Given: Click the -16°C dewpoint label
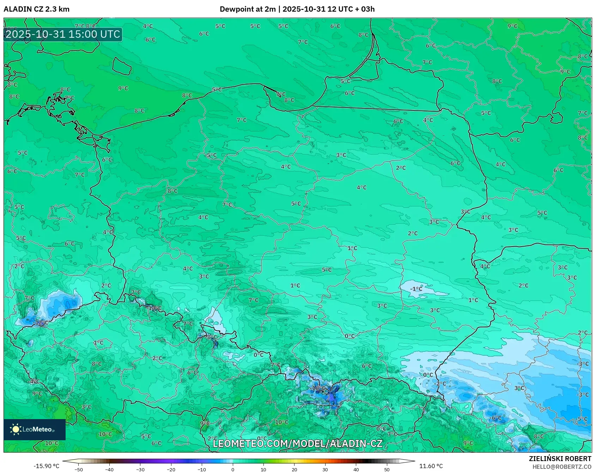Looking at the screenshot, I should pyautogui.click(x=317, y=388).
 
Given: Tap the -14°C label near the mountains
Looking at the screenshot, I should pyautogui.click(x=154, y=308).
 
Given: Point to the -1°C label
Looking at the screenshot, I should pyautogui.click(x=416, y=289).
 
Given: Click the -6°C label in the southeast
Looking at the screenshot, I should pyautogui.click(x=496, y=418).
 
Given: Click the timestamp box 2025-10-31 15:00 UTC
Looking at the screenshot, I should pyautogui.click(x=63, y=34).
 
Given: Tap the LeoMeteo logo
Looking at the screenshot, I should pyautogui.click(x=34, y=429).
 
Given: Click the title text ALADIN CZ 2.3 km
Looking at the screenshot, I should pyautogui.click(x=36, y=9).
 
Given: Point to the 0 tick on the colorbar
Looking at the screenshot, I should pyautogui.click(x=232, y=469).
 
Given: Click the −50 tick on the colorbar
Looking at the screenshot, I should pyautogui.click(x=79, y=469).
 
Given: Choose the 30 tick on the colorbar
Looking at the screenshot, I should pyautogui.click(x=325, y=469).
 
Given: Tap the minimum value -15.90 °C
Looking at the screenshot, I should pyautogui.click(x=46, y=466).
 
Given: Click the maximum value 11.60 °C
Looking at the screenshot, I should pyautogui.click(x=431, y=466).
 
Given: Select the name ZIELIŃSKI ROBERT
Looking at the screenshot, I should pyautogui.click(x=560, y=459).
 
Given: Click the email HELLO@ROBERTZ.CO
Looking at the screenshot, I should pyautogui.click(x=562, y=467).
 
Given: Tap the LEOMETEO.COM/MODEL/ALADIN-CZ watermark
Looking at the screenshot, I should pyautogui.click(x=297, y=443).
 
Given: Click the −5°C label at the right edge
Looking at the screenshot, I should pyautogui.click(x=582, y=419).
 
